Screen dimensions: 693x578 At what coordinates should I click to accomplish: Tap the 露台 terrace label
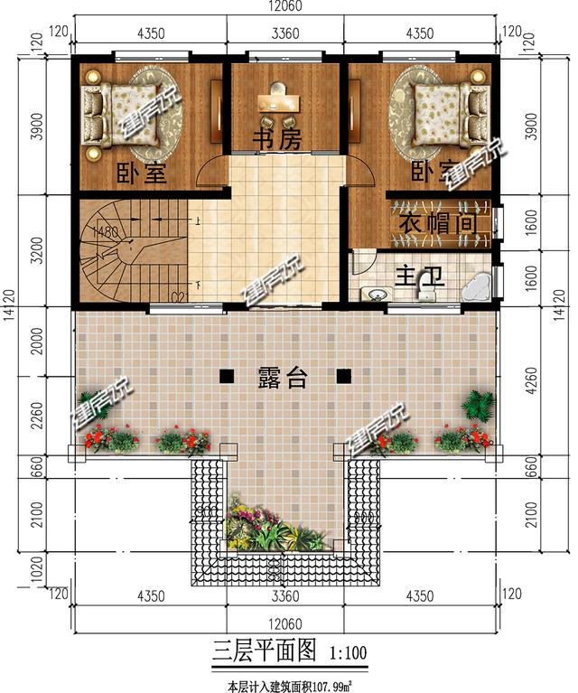[283, 379]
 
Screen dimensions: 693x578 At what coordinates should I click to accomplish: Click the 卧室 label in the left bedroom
[143, 172]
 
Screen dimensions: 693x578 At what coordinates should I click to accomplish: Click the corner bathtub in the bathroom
[477, 285]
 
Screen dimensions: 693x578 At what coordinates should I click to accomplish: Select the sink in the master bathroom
[375, 293]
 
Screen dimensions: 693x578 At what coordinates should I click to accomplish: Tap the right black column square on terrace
[343, 375]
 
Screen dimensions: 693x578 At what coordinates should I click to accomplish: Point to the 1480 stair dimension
[107, 233]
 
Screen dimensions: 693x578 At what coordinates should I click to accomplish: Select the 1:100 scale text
[348, 650]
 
